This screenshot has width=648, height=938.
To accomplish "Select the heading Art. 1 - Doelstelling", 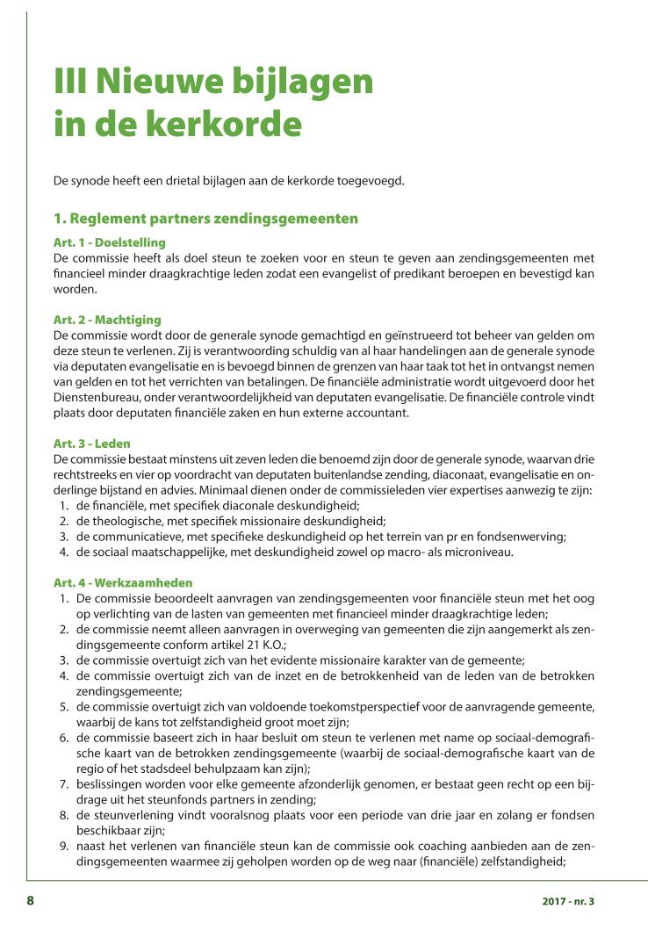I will tap(109, 242).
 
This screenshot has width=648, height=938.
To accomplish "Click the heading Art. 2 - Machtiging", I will tap(107, 320).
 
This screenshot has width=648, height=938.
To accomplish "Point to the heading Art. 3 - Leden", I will tap(91, 444).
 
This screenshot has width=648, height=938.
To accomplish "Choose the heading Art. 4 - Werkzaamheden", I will tap(123, 583).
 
